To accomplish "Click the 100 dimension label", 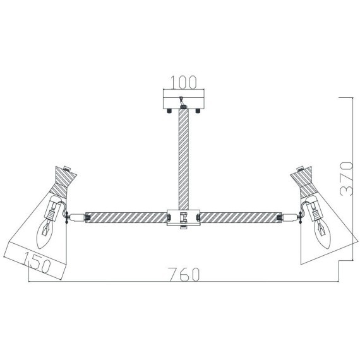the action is [x=184, y=82].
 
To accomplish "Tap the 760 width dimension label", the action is [x=184, y=274].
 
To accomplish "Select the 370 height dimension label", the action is [x=346, y=179].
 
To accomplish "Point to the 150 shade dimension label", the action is [x=37, y=263].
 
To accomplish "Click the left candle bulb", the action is [x=45, y=235].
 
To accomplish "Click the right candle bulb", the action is [x=322, y=234].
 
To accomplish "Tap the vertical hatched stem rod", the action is [x=184, y=159].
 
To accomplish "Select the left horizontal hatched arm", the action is [x=126, y=218].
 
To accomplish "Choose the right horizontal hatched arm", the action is [x=241, y=218].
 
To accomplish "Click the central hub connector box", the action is [x=184, y=217].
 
